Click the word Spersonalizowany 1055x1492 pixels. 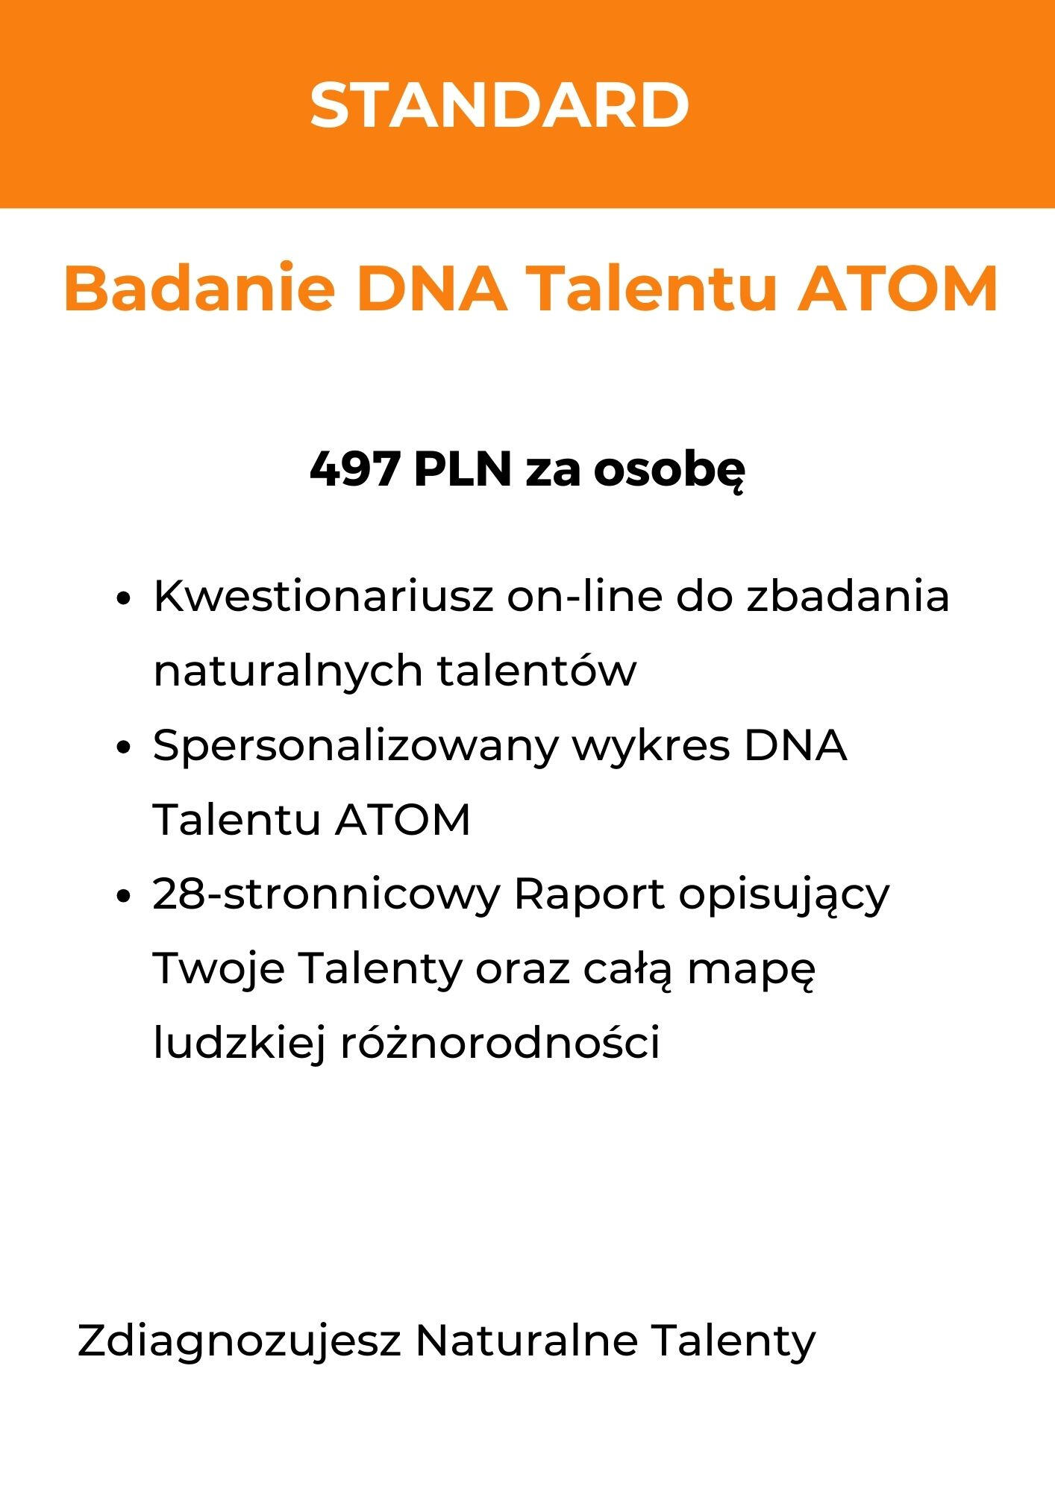[x=355, y=746]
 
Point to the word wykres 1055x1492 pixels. [x=650, y=746]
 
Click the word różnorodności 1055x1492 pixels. [x=500, y=1043]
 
